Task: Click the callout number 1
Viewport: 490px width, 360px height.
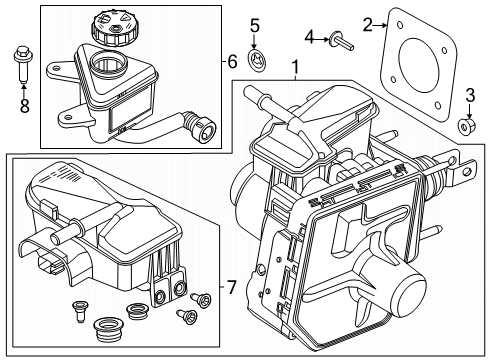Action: pyautogui.click(x=295, y=68)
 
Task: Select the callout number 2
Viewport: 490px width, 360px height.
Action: pyautogui.click(x=368, y=23)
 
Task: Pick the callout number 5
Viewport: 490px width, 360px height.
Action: pyautogui.click(x=254, y=24)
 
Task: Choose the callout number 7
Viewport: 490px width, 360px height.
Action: pyautogui.click(x=231, y=289)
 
